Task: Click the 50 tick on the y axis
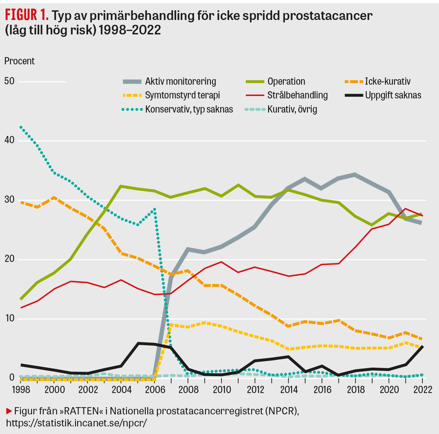click(9, 81)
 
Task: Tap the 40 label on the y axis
click(9, 140)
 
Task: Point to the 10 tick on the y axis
click(9, 318)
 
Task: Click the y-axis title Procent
click(19, 61)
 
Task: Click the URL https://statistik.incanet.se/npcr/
click(76, 423)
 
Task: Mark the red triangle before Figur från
click(9, 411)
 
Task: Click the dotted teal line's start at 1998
click(21, 127)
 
